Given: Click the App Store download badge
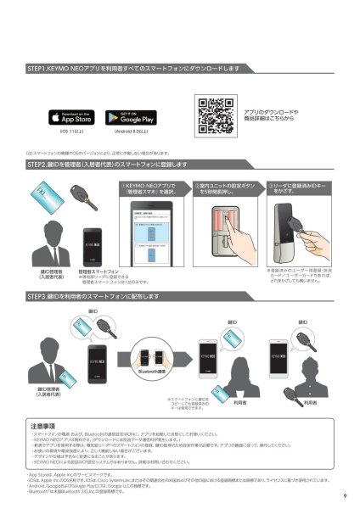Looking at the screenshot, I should (71, 117).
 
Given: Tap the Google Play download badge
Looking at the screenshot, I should (129, 117).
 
